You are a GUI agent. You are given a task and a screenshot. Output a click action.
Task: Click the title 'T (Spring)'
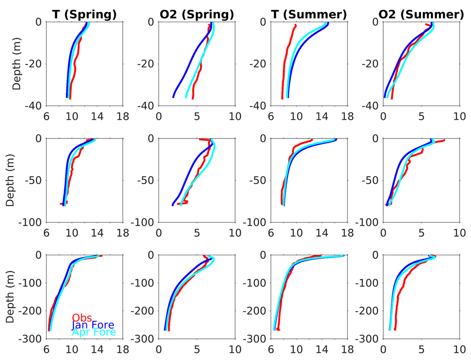point(84,15)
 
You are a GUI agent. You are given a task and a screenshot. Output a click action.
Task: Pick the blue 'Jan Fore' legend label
point(93,325)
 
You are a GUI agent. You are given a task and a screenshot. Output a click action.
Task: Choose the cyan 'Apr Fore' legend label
point(94,332)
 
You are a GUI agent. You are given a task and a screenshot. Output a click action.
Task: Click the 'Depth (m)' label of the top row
point(17,63)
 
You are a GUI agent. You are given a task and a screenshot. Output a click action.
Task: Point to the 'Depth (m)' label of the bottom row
point(17,297)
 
